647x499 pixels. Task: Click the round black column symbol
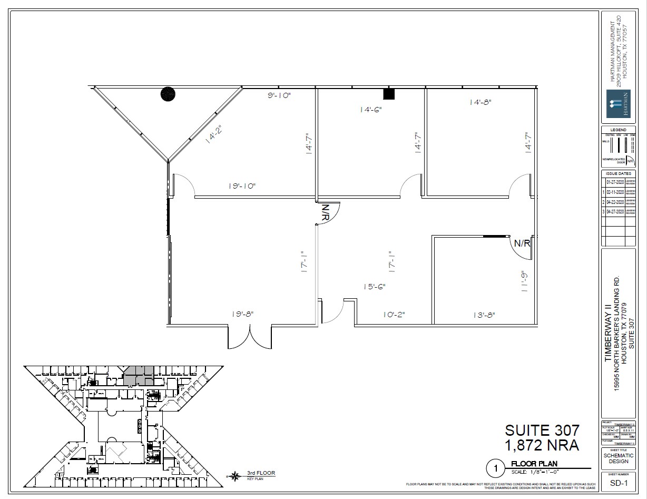(168, 94)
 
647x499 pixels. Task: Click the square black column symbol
(389, 94)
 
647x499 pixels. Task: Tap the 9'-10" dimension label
(279, 95)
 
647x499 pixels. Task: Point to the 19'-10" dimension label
(242, 186)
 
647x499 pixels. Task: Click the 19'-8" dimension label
(242, 314)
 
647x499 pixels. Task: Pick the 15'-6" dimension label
(374, 287)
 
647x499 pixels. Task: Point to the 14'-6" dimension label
(371, 110)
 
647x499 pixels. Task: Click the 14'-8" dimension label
(481, 103)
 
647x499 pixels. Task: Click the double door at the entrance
(250, 337)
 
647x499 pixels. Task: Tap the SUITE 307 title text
(542, 430)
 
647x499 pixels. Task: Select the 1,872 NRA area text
(542, 446)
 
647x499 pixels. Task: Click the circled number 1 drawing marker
(495, 467)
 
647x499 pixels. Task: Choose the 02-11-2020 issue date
(615, 192)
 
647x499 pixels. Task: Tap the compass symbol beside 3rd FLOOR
(234, 476)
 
